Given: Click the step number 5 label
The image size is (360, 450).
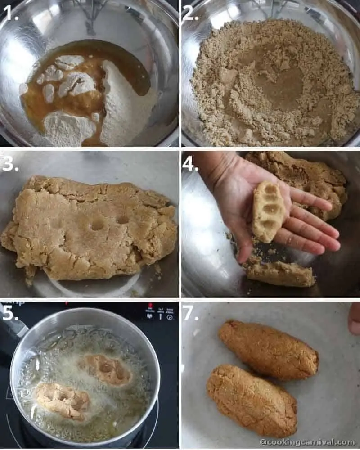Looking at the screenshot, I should click(x=10, y=313).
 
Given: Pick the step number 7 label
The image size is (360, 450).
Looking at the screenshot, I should click(x=190, y=313).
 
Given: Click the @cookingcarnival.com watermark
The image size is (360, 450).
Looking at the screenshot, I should click(x=307, y=442).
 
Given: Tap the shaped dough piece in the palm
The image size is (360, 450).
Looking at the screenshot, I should click(x=268, y=211).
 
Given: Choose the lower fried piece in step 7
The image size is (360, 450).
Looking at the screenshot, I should click(x=252, y=400).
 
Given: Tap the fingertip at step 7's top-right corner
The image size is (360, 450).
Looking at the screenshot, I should click(x=355, y=318).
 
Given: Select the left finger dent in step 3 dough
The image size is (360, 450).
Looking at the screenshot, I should click(x=96, y=224).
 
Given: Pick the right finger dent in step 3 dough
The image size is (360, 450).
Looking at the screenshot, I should click(x=122, y=219).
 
